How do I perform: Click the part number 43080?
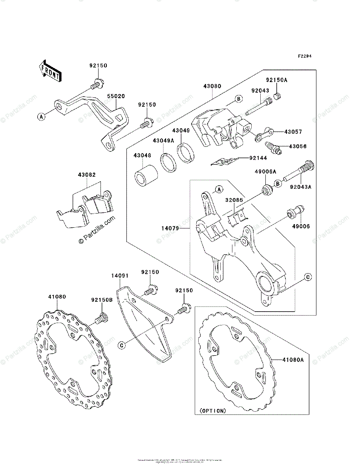tap(212, 86)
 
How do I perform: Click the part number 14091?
tap(120, 276)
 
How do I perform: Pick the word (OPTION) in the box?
tap(213, 411)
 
